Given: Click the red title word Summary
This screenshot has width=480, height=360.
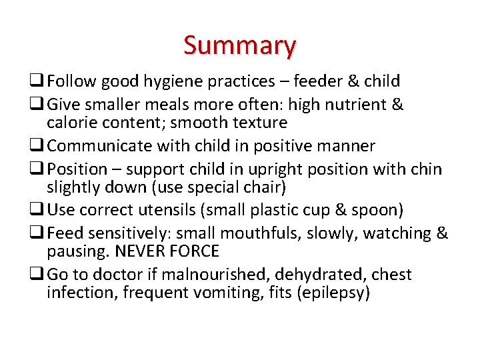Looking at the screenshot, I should (239, 45).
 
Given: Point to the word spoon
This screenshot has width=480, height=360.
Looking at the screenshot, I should (375, 211).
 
